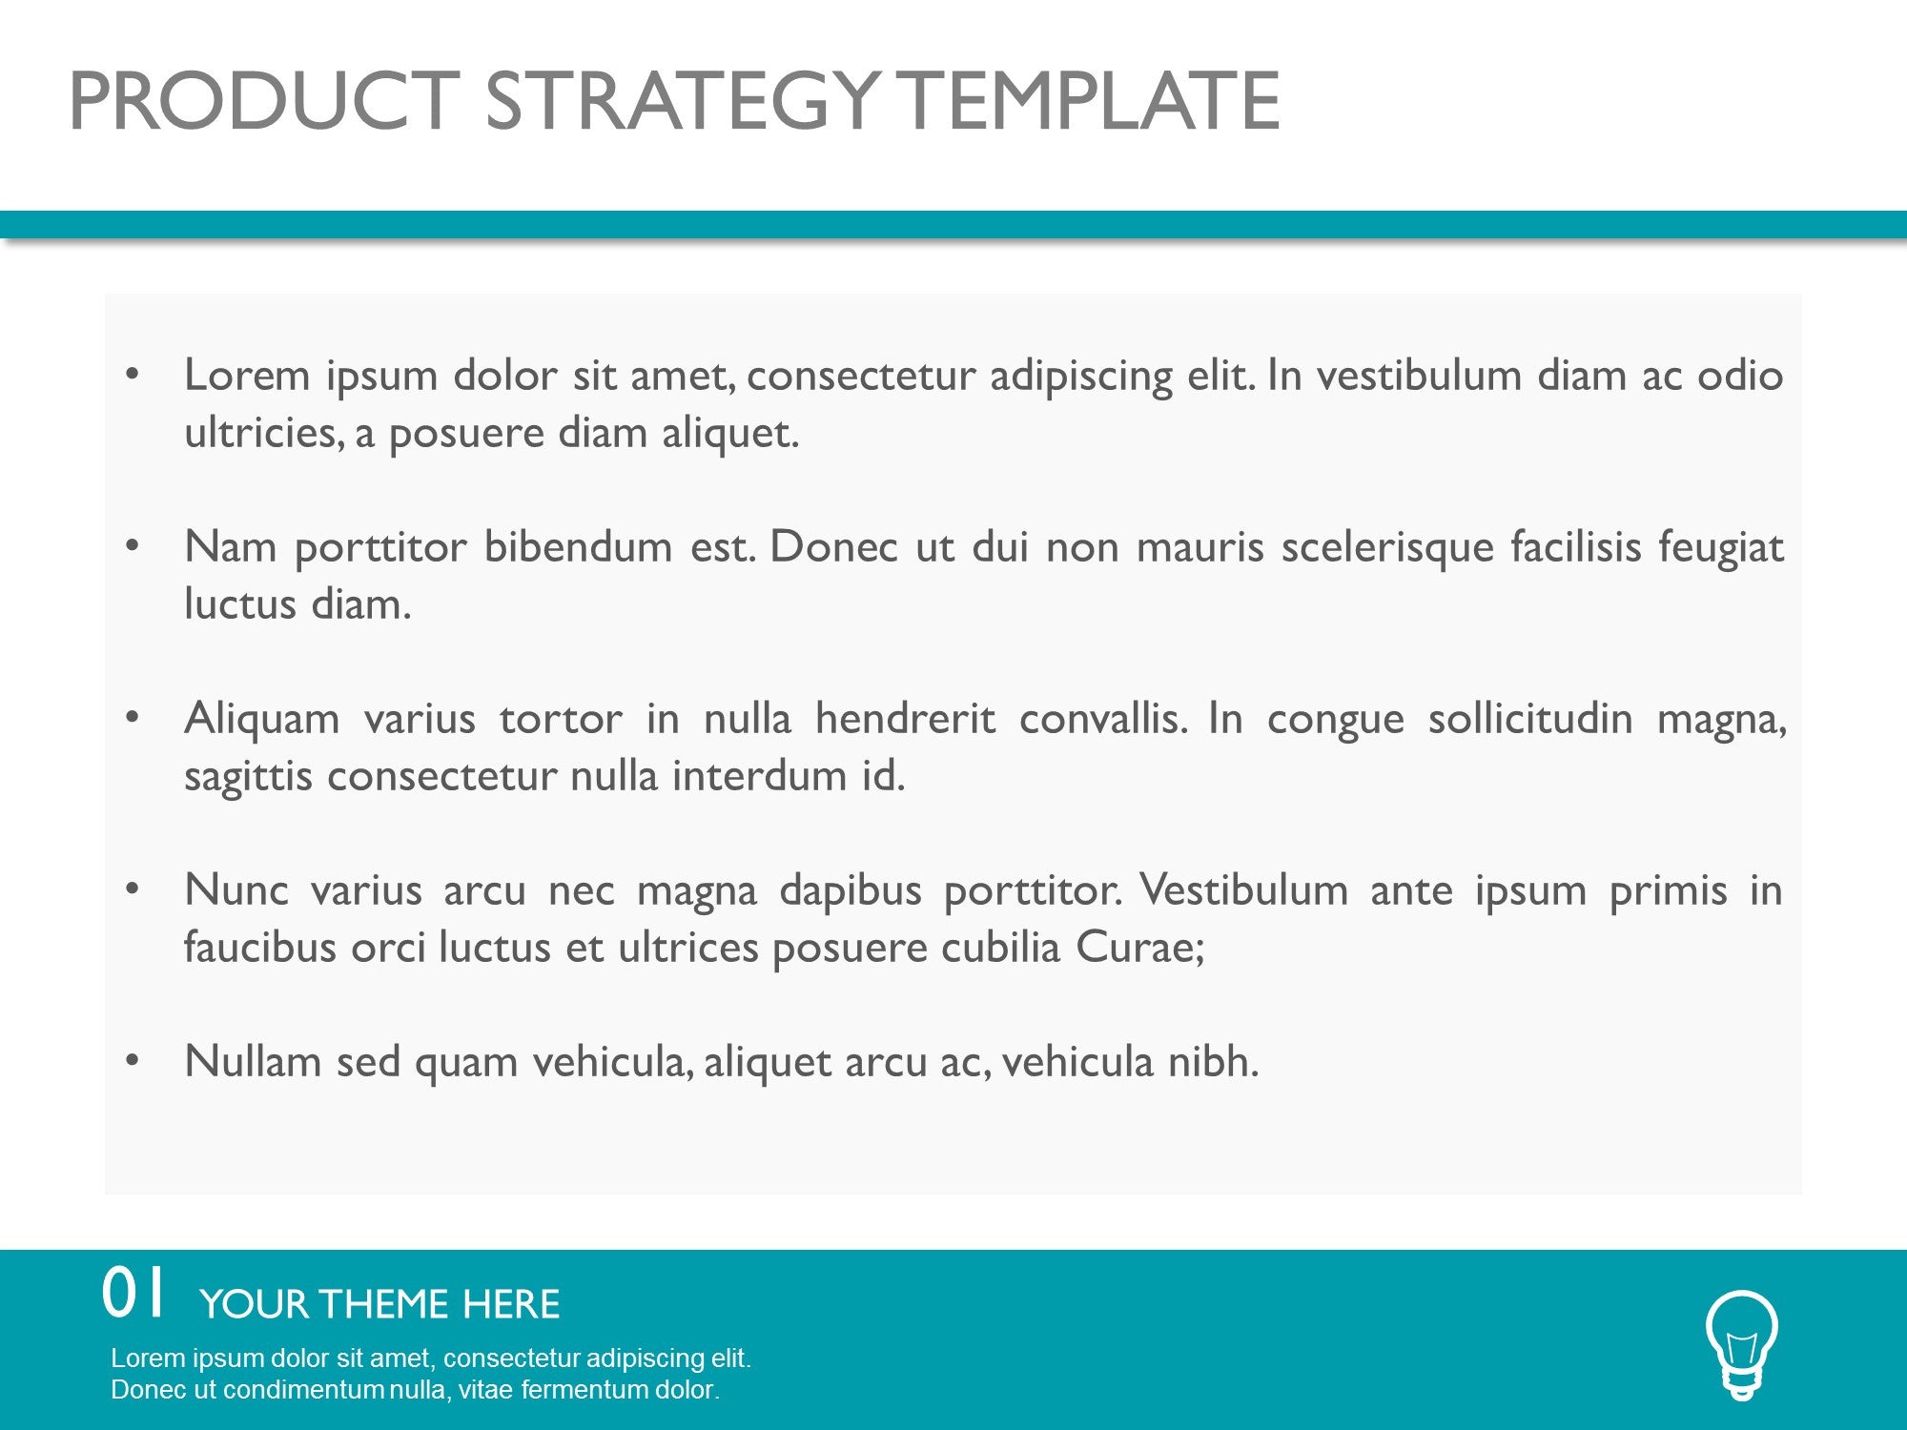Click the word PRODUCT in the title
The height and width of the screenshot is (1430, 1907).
pyautogui.click(x=265, y=100)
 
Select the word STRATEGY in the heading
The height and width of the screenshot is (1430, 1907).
pyautogui.click(x=681, y=100)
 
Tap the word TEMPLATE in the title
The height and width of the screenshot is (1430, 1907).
pyautogui.click(x=1089, y=100)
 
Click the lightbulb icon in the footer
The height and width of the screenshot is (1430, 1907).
pyautogui.click(x=1741, y=1344)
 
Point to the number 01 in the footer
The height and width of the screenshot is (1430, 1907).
pyautogui.click(x=134, y=1294)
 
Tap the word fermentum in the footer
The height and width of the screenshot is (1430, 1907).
pyautogui.click(x=584, y=1390)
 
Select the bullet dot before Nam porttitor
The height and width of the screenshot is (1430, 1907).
pyautogui.click(x=133, y=546)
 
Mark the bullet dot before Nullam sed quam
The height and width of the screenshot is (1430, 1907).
pyautogui.click(x=133, y=1061)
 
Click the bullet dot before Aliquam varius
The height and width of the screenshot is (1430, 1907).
pyautogui.click(x=133, y=718)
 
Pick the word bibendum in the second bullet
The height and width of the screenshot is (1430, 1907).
pyautogui.click(x=578, y=546)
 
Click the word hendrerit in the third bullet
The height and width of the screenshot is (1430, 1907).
pyautogui.click(x=905, y=718)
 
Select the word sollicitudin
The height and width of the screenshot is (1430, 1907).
pyautogui.click(x=1530, y=718)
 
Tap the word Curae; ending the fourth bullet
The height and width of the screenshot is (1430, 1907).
pyautogui.click(x=1140, y=948)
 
